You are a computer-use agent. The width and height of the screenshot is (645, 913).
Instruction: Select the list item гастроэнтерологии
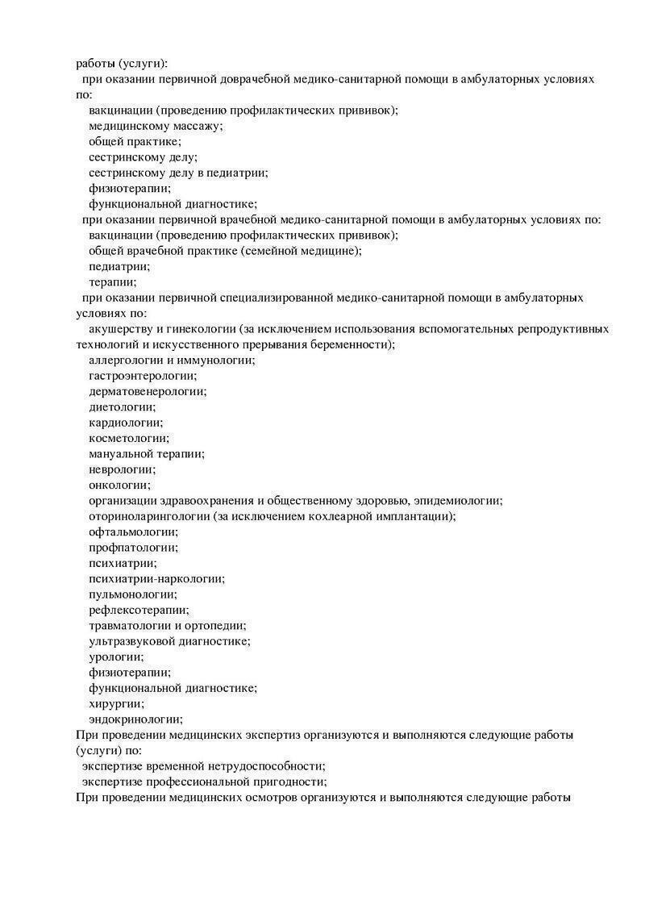[x=142, y=376]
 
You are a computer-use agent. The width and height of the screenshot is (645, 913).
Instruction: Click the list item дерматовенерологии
[x=148, y=391]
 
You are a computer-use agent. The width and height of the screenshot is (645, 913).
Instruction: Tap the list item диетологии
[x=122, y=407]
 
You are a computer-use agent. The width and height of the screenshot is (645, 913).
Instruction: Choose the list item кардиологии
[x=125, y=423]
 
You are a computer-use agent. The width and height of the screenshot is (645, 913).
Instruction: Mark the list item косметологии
[x=128, y=438]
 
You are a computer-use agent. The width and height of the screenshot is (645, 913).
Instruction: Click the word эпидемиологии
[x=459, y=501]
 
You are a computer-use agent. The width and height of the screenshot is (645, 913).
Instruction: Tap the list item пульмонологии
[x=132, y=594]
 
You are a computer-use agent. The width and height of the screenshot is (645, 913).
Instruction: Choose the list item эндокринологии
[x=135, y=719]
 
